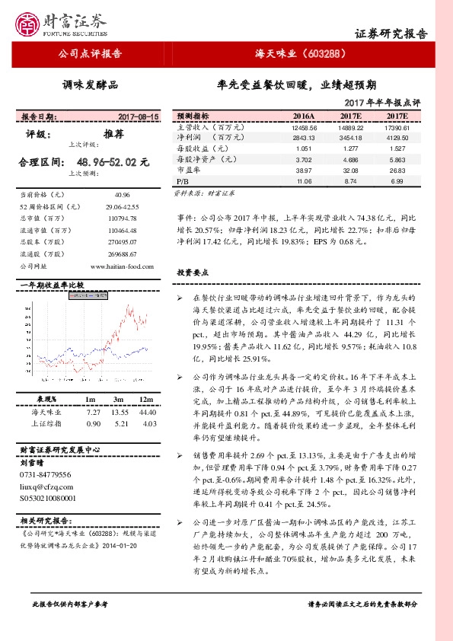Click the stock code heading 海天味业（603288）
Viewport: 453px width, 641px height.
point(302,54)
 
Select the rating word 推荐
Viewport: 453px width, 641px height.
point(113,133)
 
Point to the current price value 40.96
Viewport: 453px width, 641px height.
point(122,195)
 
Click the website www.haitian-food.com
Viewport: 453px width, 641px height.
point(123,266)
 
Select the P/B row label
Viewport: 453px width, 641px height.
point(182,183)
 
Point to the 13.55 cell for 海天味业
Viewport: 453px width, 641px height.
point(119,412)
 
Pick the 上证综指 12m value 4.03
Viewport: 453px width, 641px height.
point(149,423)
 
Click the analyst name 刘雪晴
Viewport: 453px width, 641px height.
point(32,462)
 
